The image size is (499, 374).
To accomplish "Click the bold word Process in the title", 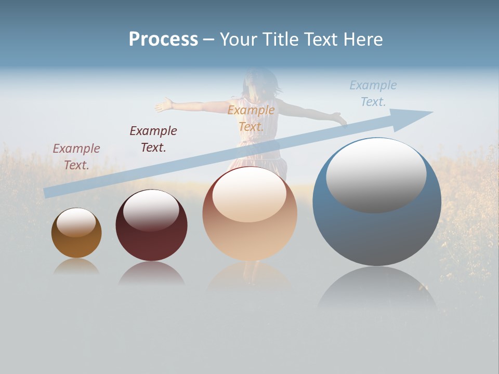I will [163, 39].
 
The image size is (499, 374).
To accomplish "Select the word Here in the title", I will [362, 39].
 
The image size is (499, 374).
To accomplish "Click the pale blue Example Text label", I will [373, 94].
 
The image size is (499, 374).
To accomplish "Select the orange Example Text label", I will [251, 118].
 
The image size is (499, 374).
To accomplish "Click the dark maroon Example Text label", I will [153, 139].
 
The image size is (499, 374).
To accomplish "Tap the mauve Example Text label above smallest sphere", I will [76, 156].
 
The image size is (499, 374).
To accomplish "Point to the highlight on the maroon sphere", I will [151, 208].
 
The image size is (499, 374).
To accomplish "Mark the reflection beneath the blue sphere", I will [377, 291].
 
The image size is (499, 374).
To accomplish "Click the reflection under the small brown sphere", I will [76, 267].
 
